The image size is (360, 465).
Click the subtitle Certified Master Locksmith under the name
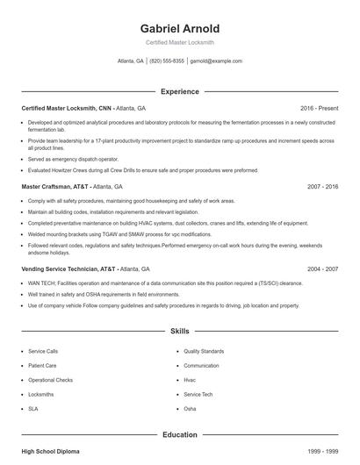click(x=179, y=42)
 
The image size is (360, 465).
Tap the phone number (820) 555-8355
click(x=167, y=61)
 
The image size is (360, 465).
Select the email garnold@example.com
click(x=216, y=61)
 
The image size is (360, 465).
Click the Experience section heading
click(x=179, y=91)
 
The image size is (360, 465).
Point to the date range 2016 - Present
click(x=319, y=107)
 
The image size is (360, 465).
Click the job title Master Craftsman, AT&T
click(x=54, y=187)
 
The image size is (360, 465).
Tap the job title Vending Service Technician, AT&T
click(x=68, y=269)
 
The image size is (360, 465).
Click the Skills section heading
click(x=179, y=332)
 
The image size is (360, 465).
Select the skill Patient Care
click(x=42, y=365)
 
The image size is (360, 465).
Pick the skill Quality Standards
click(x=204, y=351)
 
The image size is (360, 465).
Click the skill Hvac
click(x=190, y=380)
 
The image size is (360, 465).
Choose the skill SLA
click(x=33, y=409)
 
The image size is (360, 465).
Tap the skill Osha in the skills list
click(x=190, y=409)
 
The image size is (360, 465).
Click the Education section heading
click(x=179, y=434)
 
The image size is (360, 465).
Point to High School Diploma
click(x=50, y=451)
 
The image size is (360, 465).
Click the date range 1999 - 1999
click(x=322, y=451)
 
